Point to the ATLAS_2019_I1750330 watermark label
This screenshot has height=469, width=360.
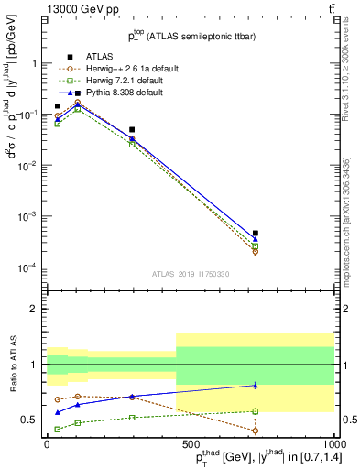coord(190,274)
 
